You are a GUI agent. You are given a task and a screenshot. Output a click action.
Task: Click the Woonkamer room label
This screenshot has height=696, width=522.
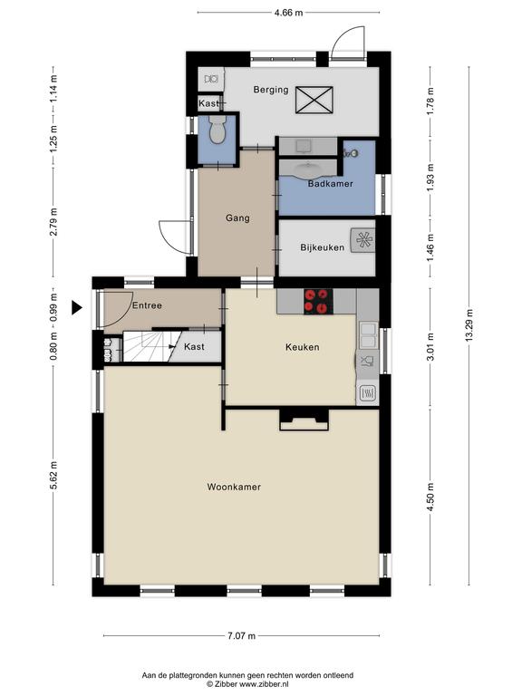tap(234, 487)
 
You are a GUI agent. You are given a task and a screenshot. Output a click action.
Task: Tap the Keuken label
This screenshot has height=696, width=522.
tap(303, 347)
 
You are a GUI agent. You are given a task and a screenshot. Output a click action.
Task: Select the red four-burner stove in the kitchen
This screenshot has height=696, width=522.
tap(318, 302)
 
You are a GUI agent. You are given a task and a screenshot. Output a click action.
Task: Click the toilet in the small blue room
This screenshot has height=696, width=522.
tap(217, 130)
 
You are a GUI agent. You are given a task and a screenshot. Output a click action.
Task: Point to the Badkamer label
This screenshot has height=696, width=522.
tap(331, 184)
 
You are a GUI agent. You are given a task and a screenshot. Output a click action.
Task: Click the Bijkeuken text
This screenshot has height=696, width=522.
tap(323, 247)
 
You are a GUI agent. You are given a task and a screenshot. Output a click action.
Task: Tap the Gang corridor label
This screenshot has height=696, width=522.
tap(237, 217)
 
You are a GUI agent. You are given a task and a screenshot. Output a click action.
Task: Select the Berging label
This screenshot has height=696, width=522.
tap(271, 90)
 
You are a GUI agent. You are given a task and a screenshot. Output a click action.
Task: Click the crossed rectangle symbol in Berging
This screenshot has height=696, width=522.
tap(314, 100)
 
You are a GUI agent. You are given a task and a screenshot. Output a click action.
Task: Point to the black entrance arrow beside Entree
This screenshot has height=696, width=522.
tap(77, 307)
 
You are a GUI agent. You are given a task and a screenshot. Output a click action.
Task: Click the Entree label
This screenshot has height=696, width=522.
tap(147, 305)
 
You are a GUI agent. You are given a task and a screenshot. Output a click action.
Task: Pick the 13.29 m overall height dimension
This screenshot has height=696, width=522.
tap(469, 325)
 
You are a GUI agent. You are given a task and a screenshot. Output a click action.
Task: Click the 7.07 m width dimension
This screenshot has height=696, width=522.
tap(241, 635)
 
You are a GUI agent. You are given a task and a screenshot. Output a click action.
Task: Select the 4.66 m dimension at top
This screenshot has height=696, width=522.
tap(288, 13)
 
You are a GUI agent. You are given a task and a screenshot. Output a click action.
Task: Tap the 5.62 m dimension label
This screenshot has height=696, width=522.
tap(53, 475)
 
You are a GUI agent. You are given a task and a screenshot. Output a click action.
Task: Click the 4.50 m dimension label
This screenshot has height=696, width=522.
tap(430, 497)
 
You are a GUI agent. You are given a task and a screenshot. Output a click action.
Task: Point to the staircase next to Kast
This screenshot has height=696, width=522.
tap(146, 346)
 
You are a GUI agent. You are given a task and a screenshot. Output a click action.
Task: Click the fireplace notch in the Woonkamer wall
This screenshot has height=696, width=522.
tap(304, 420)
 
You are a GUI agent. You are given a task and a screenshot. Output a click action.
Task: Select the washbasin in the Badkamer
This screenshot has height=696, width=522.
tap(307, 169)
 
